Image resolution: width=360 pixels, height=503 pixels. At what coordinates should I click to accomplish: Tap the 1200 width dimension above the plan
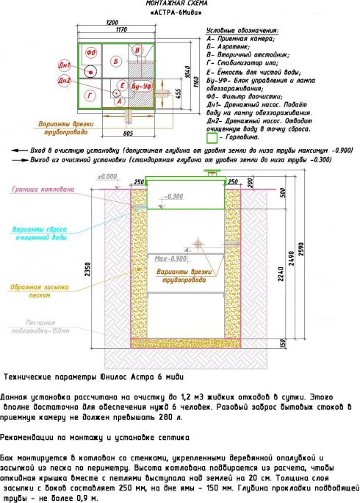(112, 23)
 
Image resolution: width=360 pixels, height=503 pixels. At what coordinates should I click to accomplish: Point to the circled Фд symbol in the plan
(91, 53)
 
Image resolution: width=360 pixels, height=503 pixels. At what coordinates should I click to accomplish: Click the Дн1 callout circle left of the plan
(65, 66)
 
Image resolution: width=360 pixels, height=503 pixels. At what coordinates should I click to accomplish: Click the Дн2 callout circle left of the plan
(65, 79)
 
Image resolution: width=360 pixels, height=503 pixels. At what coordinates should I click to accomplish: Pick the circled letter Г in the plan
(90, 95)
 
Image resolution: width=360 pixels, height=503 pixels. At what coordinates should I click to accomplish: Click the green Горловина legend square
(213, 137)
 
